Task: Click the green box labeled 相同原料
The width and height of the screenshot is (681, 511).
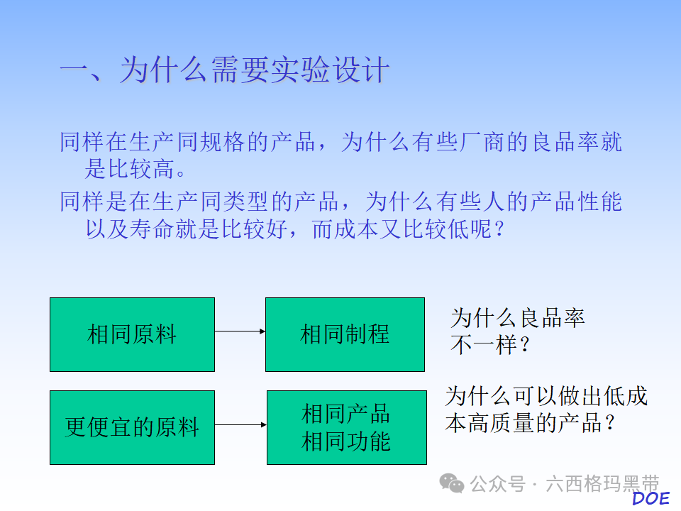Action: click(132, 334)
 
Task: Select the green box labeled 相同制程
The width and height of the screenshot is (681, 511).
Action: click(345, 334)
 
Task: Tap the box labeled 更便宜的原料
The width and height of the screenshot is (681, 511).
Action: click(132, 427)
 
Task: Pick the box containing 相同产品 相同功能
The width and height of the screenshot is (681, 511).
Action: click(346, 427)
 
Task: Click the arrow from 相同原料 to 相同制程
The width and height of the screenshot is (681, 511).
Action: click(240, 331)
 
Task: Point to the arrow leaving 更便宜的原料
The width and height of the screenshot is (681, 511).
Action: click(240, 425)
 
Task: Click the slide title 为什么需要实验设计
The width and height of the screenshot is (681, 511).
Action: click(224, 71)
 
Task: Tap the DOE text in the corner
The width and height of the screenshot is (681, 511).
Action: click(650, 498)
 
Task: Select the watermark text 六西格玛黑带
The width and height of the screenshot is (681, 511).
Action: click(602, 484)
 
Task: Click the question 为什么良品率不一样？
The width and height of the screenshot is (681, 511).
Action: click(518, 331)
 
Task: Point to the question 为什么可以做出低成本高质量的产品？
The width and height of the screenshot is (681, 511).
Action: click(546, 409)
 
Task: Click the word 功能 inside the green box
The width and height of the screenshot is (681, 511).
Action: click(368, 441)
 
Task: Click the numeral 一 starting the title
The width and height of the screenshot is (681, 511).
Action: click(74, 71)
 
